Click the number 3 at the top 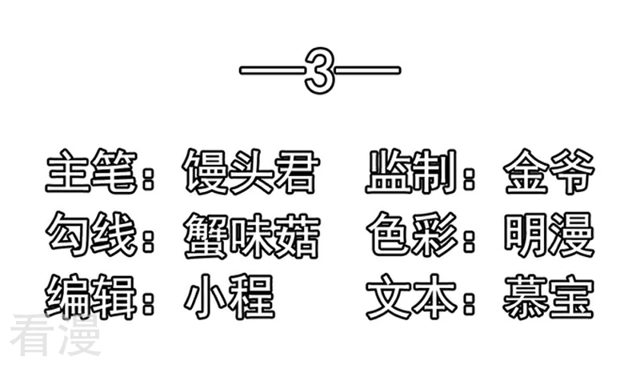(x=319, y=70)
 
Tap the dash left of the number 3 (x=272, y=70)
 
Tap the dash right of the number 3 (x=368, y=70)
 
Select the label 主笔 (x=91, y=171)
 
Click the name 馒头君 (x=250, y=171)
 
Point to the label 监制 (x=410, y=171)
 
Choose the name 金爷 (x=549, y=171)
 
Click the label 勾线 (x=91, y=235)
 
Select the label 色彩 (x=412, y=235)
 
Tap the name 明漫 (x=549, y=235)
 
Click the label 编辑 (x=90, y=297)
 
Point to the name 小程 (x=230, y=297)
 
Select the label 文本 (x=411, y=297)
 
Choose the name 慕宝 (x=548, y=297)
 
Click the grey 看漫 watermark (x=55, y=335)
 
